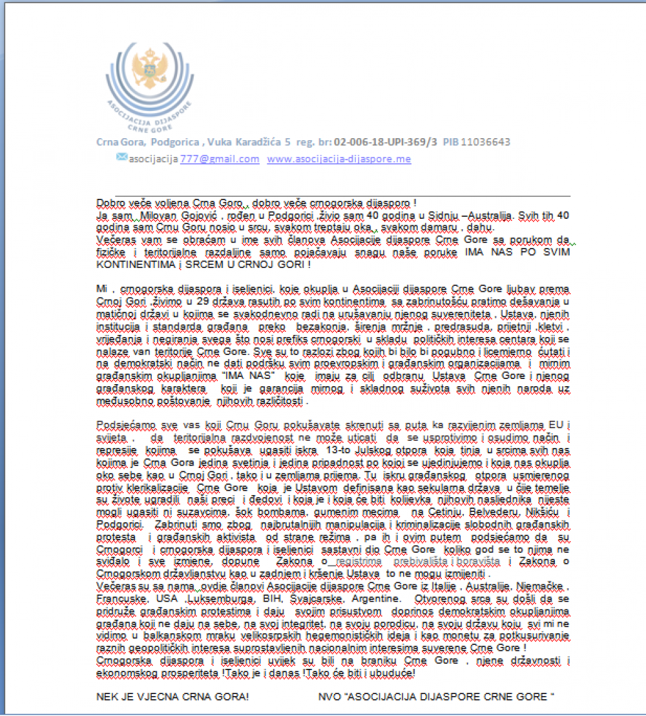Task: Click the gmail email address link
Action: tap(220, 159)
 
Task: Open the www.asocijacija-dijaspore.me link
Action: tap(339, 159)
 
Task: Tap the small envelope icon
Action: tap(121, 157)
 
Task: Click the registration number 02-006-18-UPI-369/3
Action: tap(386, 142)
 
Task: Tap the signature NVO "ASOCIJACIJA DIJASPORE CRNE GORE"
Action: tap(437, 697)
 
